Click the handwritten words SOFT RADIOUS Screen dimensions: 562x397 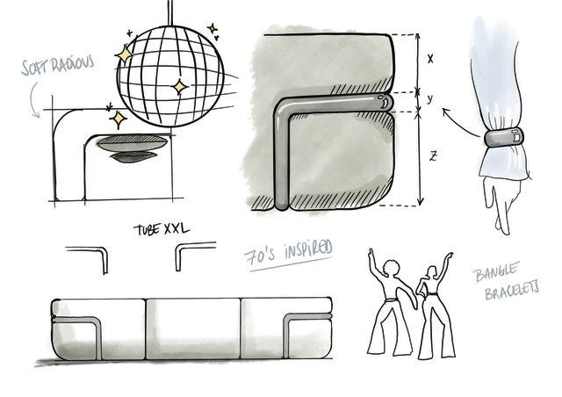[x=58, y=65]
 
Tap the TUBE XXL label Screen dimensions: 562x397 [x=162, y=229]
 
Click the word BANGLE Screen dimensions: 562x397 [x=496, y=271]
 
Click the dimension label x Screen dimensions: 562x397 [x=430, y=59]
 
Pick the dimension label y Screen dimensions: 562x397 [x=430, y=98]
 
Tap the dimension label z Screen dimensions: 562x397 [x=433, y=156]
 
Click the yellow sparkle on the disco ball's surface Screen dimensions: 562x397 [x=179, y=86]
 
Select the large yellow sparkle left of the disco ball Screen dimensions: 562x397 [x=124, y=54]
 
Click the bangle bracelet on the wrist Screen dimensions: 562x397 [x=504, y=138]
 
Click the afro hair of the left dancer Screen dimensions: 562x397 [x=391, y=268]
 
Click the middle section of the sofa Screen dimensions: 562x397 [x=193, y=328]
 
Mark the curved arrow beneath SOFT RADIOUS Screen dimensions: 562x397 [x=32, y=98]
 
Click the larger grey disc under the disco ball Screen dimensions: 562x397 [x=133, y=143]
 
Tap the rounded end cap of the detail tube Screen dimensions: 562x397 [x=385, y=102]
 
